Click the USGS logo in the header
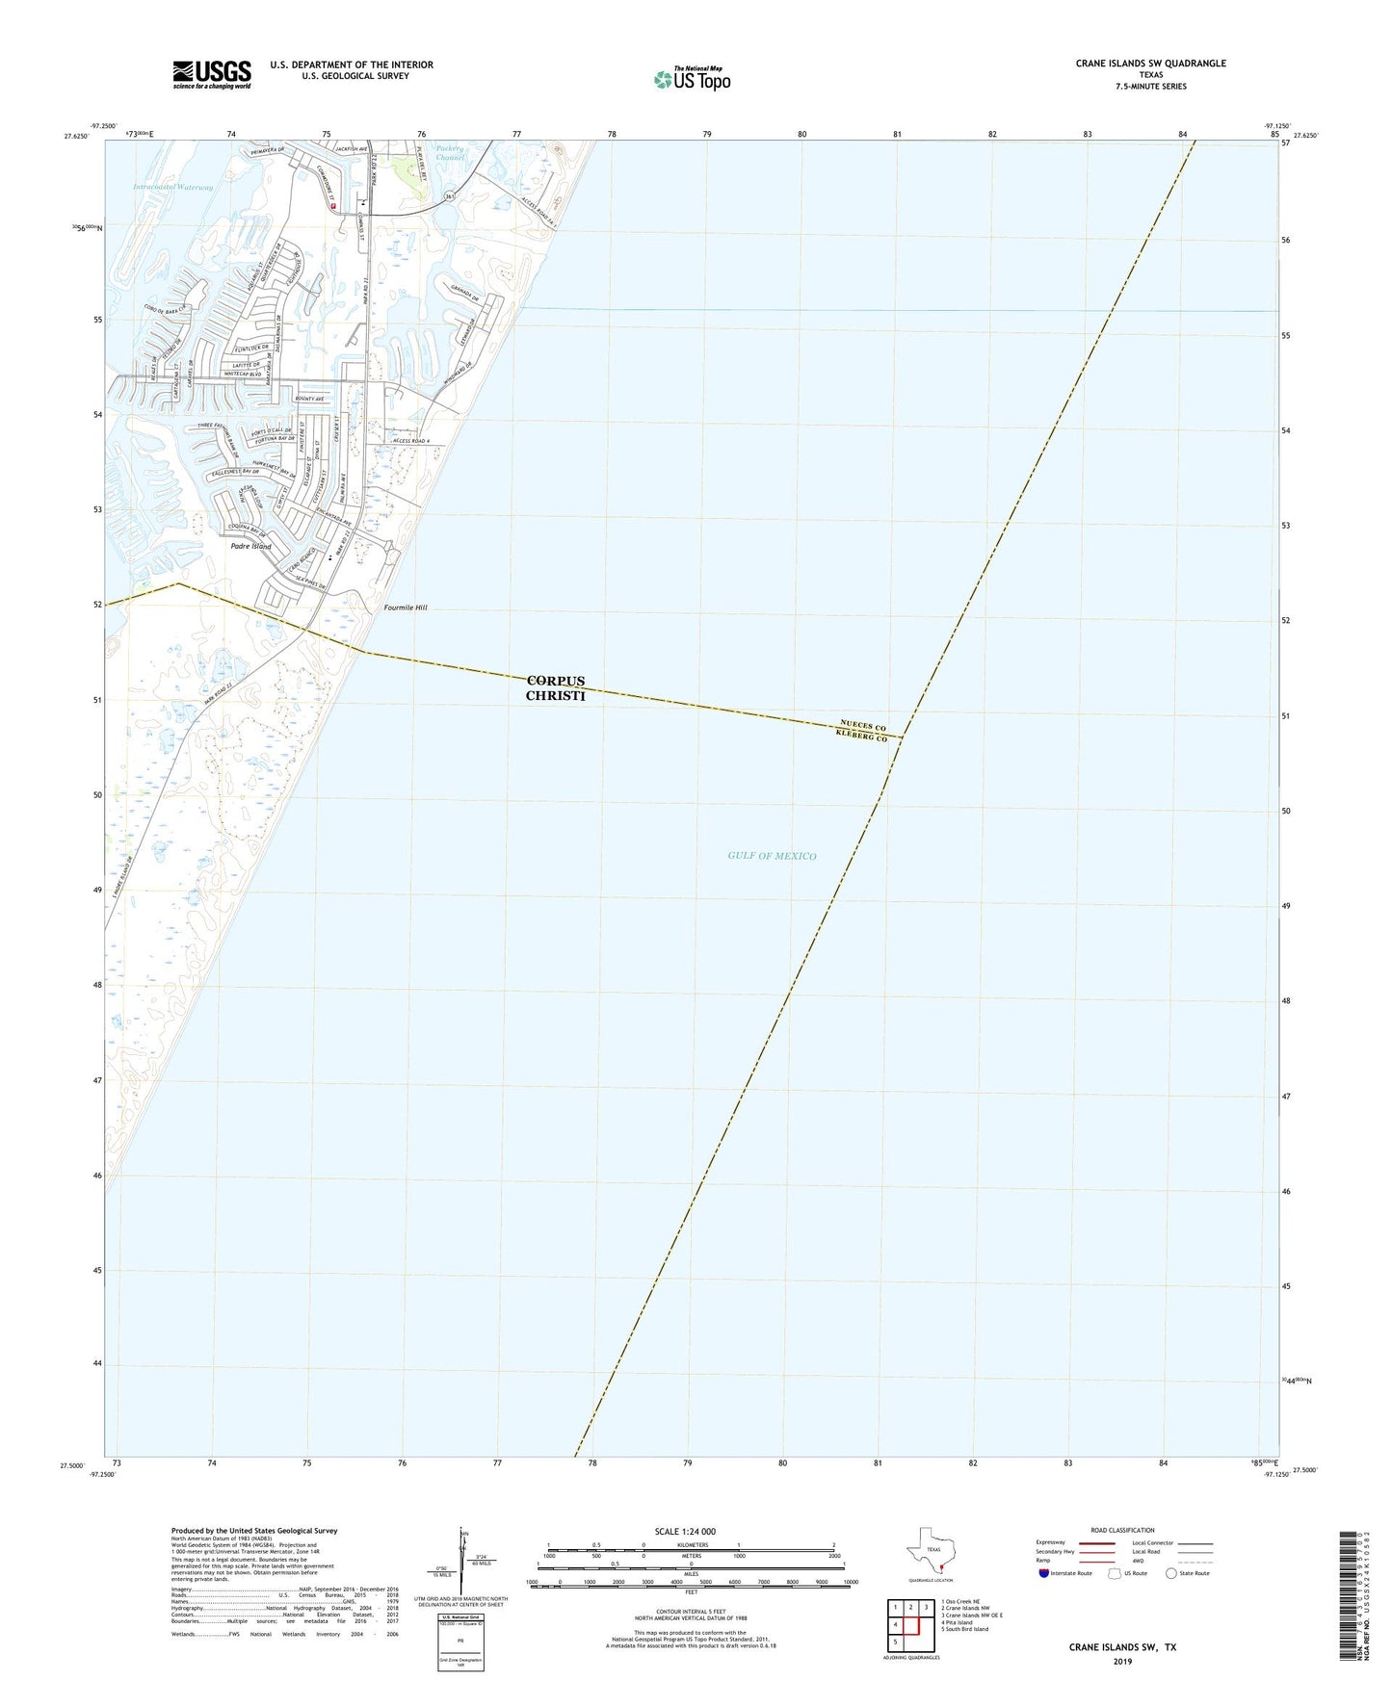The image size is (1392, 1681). click(x=212, y=73)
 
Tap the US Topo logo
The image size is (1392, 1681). click(x=692, y=79)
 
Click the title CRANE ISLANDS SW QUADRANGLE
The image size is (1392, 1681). click(x=1150, y=64)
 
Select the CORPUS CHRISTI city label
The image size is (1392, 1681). click(x=555, y=688)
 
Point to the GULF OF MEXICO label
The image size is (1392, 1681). click(x=772, y=856)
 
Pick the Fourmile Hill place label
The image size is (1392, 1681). click(x=405, y=608)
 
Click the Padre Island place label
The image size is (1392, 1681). click(x=250, y=546)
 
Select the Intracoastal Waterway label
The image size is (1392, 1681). click(x=173, y=187)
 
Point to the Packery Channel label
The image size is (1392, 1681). click(x=450, y=153)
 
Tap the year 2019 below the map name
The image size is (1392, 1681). click(x=1121, y=1662)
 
